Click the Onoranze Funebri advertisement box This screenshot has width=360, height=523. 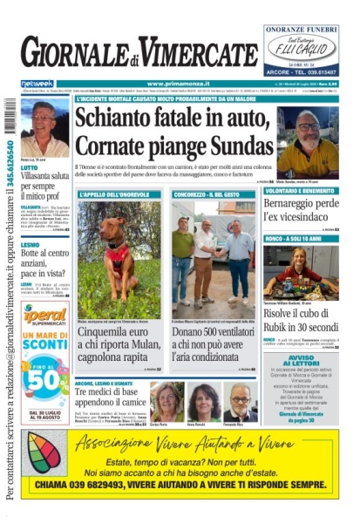(x=302, y=49)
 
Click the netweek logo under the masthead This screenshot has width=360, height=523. (x=37, y=84)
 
